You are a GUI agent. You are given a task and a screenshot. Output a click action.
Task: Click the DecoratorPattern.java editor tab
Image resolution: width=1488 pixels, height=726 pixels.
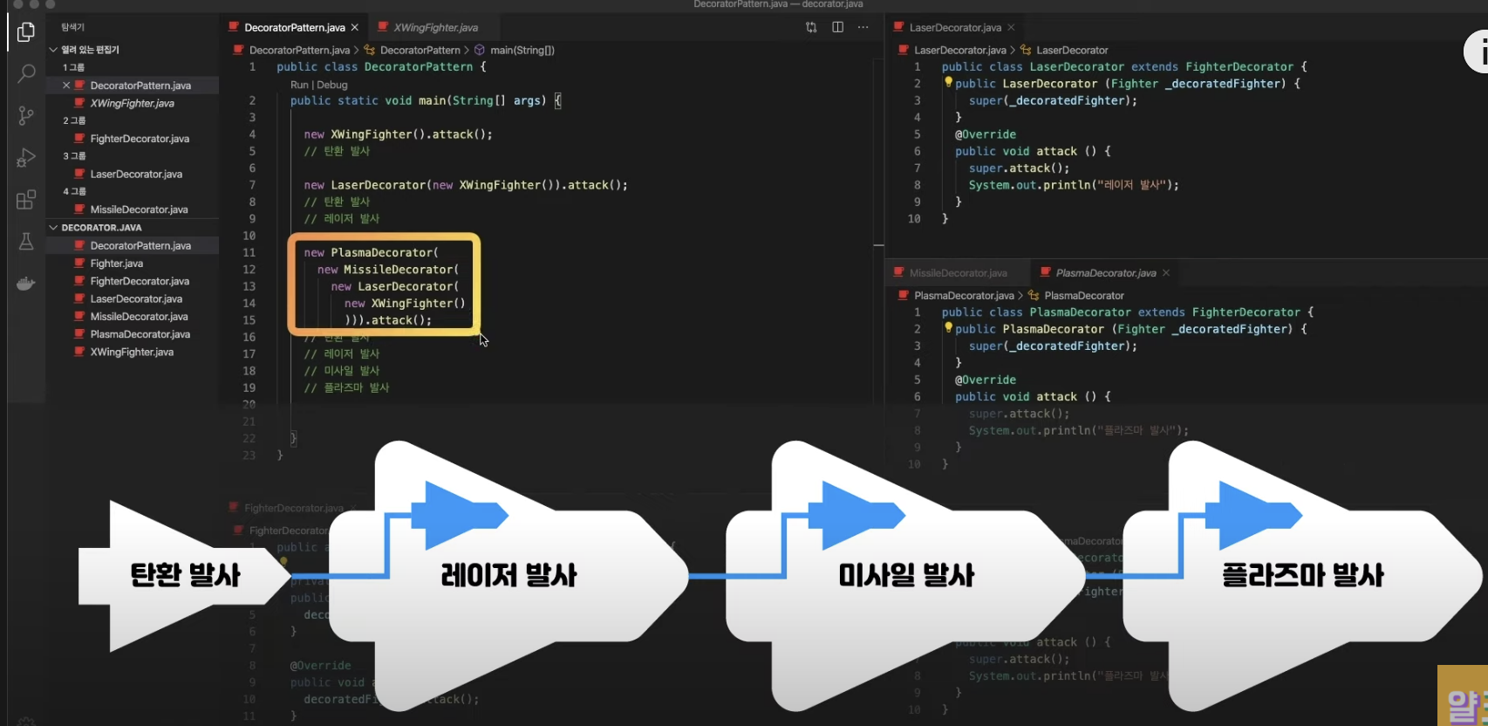(x=294, y=27)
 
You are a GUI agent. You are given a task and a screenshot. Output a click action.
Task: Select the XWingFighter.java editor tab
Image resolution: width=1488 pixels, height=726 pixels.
(x=435, y=27)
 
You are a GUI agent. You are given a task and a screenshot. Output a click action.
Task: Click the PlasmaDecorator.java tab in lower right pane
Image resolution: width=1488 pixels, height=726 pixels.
(x=1105, y=273)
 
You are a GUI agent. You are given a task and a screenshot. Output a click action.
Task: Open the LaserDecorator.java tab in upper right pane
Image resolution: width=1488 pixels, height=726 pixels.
(x=954, y=27)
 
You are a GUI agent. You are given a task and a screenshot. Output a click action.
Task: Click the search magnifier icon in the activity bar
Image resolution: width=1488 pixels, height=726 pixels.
(x=26, y=73)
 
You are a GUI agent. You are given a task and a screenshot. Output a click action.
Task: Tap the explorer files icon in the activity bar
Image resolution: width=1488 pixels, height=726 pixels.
(x=26, y=32)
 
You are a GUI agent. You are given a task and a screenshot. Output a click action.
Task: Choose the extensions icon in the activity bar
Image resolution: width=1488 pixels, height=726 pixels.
(x=26, y=200)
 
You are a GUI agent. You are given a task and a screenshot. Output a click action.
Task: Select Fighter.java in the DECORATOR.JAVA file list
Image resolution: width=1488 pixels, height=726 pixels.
(x=116, y=264)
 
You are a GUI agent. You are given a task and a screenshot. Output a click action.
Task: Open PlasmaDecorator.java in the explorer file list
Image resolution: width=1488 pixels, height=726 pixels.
(x=140, y=334)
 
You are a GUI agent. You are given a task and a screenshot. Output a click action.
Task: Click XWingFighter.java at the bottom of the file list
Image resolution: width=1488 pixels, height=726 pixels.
(x=132, y=353)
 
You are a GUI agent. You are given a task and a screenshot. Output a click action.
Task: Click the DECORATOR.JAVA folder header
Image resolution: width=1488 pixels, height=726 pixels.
(x=101, y=228)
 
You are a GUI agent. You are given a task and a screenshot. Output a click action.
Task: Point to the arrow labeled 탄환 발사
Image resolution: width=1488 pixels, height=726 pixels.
(x=185, y=575)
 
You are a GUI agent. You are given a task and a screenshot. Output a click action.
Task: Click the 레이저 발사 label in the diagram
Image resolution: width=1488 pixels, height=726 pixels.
(x=509, y=575)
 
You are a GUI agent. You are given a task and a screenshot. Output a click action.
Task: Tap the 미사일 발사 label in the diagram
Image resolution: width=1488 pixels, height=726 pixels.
(x=906, y=575)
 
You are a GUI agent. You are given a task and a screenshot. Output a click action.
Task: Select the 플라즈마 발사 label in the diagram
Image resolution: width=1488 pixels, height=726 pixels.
(x=1302, y=575)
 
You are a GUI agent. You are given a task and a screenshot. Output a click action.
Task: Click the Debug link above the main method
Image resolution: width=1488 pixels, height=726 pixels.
(x=332, y=85)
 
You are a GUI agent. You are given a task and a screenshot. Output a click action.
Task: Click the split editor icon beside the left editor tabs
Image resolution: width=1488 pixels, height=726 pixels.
(x=837, y=27)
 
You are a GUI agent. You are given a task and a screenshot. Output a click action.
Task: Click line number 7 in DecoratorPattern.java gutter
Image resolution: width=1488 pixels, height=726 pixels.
(x=252, y=185)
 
